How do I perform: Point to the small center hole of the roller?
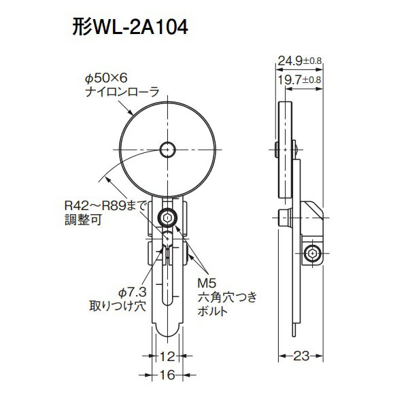pos(167,148)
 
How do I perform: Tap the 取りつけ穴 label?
pos(117,305)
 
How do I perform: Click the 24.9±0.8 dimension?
pos(299,62)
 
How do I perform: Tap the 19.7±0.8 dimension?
pos(299,80)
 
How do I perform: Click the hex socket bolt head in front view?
pos(167,218)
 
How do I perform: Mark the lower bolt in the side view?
pos(313,254)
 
